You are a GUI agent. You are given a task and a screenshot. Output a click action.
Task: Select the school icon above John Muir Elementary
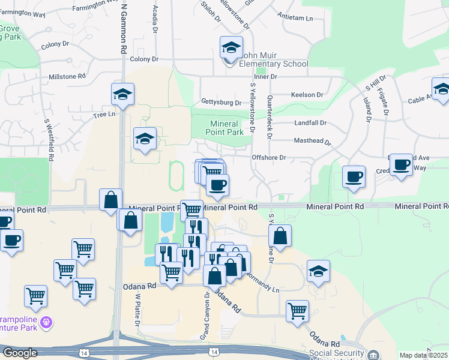[231, 47]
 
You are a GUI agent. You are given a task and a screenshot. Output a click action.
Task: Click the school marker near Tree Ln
[122, 94]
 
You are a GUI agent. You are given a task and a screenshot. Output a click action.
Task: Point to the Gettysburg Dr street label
[221, 102]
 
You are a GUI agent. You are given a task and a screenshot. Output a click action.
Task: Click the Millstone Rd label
[67, 77]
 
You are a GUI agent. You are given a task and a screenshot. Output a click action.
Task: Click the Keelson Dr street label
[307, 95]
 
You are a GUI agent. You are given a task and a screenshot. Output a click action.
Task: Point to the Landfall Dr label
[310, 122]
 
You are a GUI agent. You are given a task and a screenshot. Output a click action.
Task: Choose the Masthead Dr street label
[312, 142]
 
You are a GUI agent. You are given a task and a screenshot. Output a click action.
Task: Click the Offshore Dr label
[269, 158]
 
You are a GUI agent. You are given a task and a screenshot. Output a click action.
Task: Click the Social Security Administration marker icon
[374, 355]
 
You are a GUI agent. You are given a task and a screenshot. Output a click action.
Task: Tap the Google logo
[19, 353]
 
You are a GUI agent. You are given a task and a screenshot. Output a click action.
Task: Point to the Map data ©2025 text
[423, 355]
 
